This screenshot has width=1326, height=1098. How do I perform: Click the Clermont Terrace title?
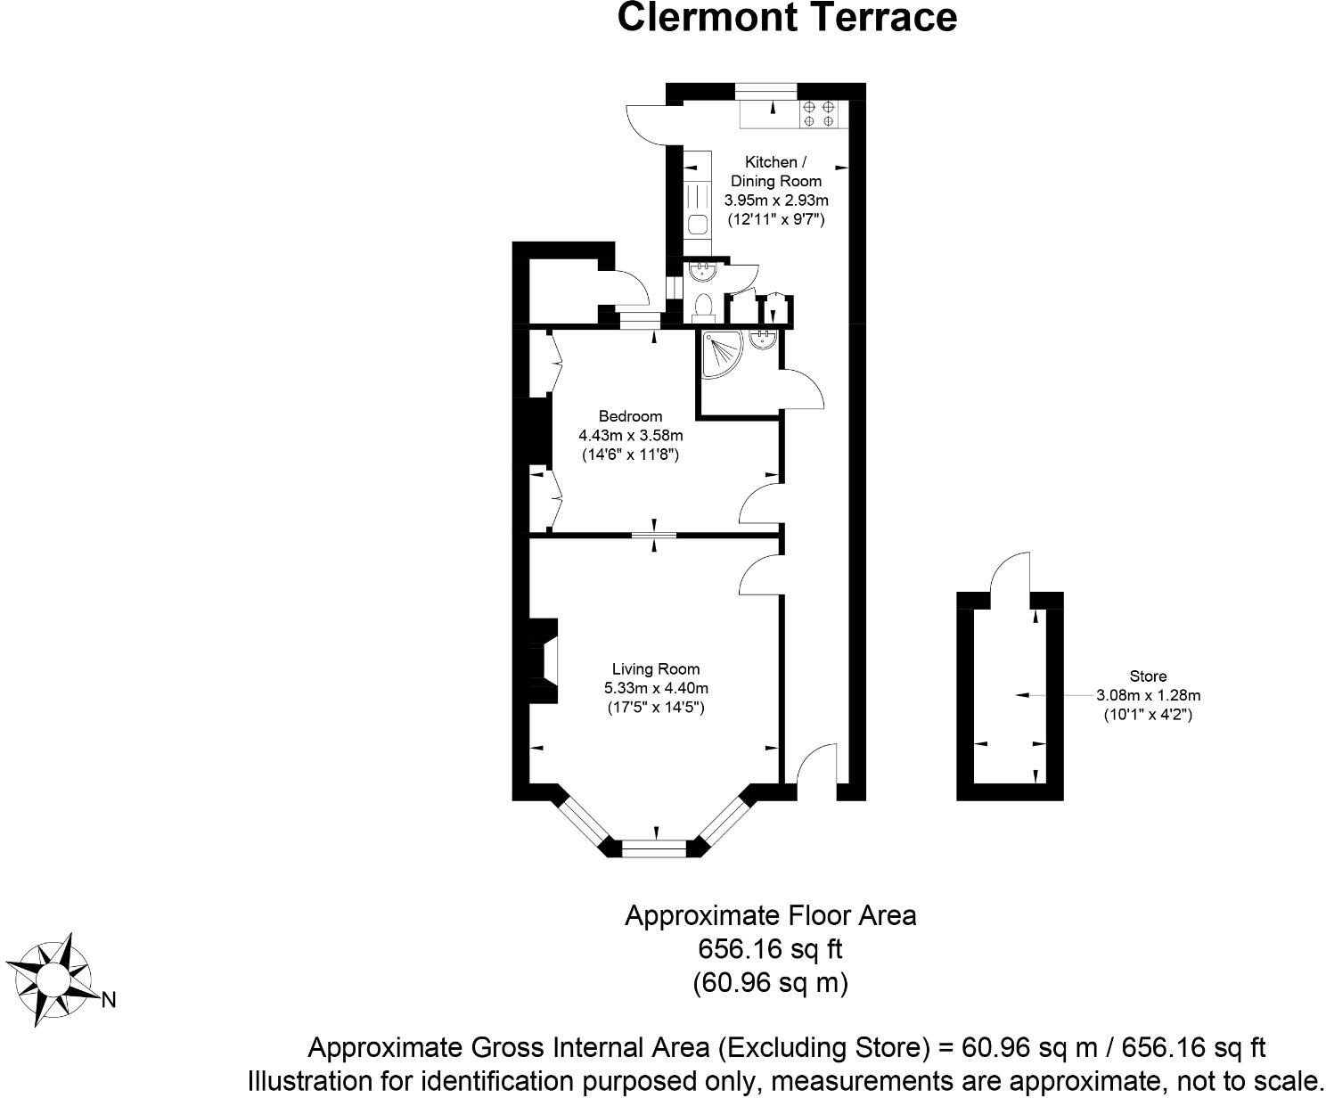click(x=787, y=18)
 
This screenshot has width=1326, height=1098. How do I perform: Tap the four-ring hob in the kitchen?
click(x=818, y=113)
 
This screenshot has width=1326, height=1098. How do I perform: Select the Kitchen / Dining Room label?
click(x=775, y=171)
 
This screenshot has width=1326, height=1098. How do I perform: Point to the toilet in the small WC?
click(x=703, y=307)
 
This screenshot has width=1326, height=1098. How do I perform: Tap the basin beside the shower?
click(x=762, y=340)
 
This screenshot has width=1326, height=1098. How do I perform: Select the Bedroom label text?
click(x=630, y=416)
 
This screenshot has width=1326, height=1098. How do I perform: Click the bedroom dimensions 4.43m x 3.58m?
click(x=630, y=436)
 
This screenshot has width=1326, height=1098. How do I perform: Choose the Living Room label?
click(x=655, y=668)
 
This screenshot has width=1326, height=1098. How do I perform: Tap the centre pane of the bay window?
click(x=655, y=848)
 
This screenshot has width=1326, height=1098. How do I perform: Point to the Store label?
click(x=1147, y=676)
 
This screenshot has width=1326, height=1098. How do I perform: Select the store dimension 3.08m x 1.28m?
click(x=1148, y=695)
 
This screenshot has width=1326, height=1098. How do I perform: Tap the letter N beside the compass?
click(x=109, y=1000)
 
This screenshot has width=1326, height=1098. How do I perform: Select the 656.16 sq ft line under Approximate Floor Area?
click(x=770, y=949)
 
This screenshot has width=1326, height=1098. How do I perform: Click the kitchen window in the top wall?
click(x=765, y=89)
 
